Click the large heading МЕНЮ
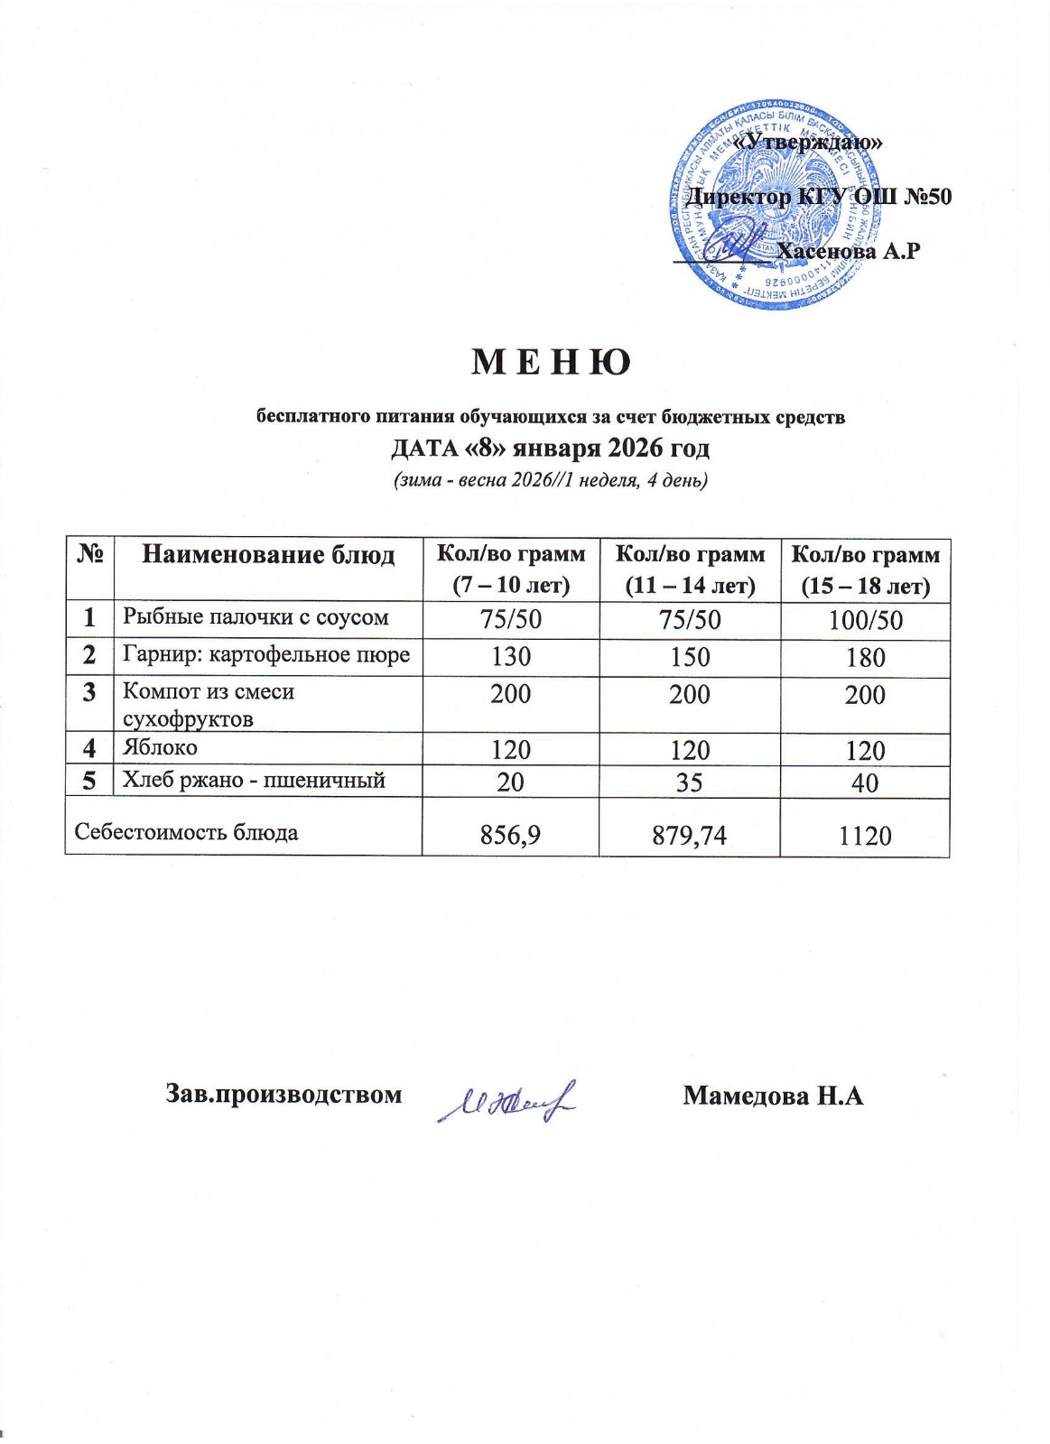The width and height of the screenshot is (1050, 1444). coord(551,363)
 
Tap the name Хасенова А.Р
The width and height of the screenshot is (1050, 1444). coord(849,252)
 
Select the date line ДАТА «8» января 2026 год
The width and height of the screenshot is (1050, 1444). coord(550,448)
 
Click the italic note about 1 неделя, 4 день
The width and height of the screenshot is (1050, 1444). coord(550,480)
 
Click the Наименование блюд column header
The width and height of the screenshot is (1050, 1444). coord(268,554)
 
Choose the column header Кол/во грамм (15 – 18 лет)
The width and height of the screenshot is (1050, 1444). coord(865,570)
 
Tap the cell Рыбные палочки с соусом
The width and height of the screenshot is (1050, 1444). coord(256,617)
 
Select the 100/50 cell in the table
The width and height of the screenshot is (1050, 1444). coord(865,621)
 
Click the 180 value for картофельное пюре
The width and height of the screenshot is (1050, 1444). coord(865,658)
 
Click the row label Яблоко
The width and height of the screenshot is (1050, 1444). coord(160,748)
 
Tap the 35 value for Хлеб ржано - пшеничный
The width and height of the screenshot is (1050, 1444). coord(690,782)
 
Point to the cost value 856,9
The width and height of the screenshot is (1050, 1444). coord(511,835)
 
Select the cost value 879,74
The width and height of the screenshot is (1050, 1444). coord(690,835)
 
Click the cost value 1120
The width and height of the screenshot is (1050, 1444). coord(865,835)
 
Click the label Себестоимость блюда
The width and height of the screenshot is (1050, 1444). coord(186,832)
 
